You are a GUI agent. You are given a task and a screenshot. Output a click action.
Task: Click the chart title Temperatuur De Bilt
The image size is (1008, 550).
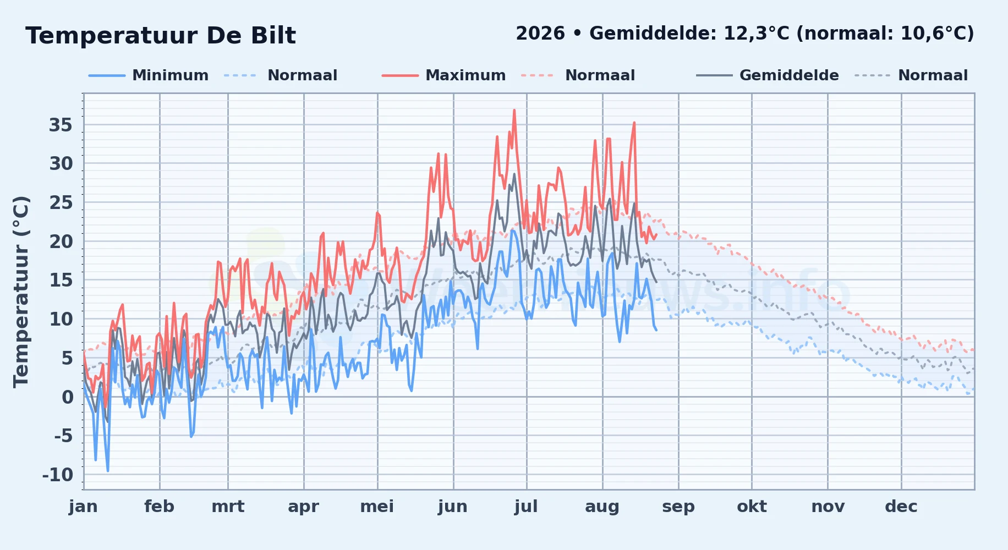[161, 36]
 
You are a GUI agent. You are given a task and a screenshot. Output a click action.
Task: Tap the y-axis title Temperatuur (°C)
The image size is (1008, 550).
[21, 291]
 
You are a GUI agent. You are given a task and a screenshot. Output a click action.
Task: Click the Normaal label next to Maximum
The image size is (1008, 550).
[600, 75]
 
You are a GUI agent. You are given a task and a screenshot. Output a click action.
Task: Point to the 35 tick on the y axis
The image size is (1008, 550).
[61, 125]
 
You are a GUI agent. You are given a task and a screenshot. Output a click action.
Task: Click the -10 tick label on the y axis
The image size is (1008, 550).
[58, 475]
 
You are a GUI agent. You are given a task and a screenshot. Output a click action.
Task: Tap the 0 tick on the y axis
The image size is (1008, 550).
[67, 397]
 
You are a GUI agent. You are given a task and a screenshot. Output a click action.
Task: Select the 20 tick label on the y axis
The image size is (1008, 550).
[61, 241]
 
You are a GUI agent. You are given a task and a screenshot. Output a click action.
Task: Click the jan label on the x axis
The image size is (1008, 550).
[83, 507]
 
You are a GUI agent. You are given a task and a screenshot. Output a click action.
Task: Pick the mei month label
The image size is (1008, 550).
[377, 507]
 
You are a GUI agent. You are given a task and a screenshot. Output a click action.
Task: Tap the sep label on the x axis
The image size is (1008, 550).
[678, 507]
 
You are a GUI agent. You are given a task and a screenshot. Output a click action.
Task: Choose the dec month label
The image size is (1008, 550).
[901, 507]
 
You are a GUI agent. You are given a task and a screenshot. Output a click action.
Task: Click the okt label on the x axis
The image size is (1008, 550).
[752, 507]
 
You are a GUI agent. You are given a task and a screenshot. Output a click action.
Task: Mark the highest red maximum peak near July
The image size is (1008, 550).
[514, 110]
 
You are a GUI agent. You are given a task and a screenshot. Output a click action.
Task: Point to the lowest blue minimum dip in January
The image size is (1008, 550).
[108, 470]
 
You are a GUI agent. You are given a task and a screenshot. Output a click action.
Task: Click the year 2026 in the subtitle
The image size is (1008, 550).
[540, 34]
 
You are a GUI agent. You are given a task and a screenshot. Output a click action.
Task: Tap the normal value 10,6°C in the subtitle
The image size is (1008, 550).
[933, 34]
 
